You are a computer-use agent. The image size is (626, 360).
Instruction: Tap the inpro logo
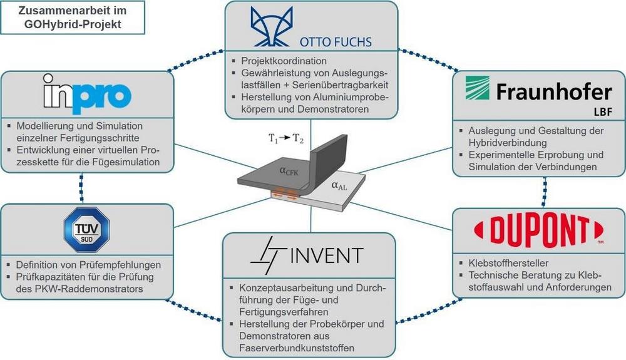pos(87,94)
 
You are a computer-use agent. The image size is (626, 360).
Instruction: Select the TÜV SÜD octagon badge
pos(86,230)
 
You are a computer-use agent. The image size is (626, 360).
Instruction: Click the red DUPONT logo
pos(538,230)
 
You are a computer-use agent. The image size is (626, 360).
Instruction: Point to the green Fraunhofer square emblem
pos(477,88)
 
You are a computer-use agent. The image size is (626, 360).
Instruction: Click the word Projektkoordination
pos(284,61)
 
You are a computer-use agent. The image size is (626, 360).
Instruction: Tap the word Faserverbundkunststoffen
pos(297,348)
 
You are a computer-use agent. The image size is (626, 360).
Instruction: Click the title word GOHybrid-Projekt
pos(73,24)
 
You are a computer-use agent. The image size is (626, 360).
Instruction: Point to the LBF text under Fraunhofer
pos(602,112)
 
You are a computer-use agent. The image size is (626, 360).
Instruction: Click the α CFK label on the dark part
pos(289,171)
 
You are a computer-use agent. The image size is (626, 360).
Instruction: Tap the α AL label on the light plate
pos(339,185)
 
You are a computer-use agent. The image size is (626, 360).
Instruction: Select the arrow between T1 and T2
pos(284,138)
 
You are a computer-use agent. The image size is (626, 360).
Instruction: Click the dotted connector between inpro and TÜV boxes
pos(81,188)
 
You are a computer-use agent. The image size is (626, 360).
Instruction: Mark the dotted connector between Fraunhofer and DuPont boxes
pos(545,192)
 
